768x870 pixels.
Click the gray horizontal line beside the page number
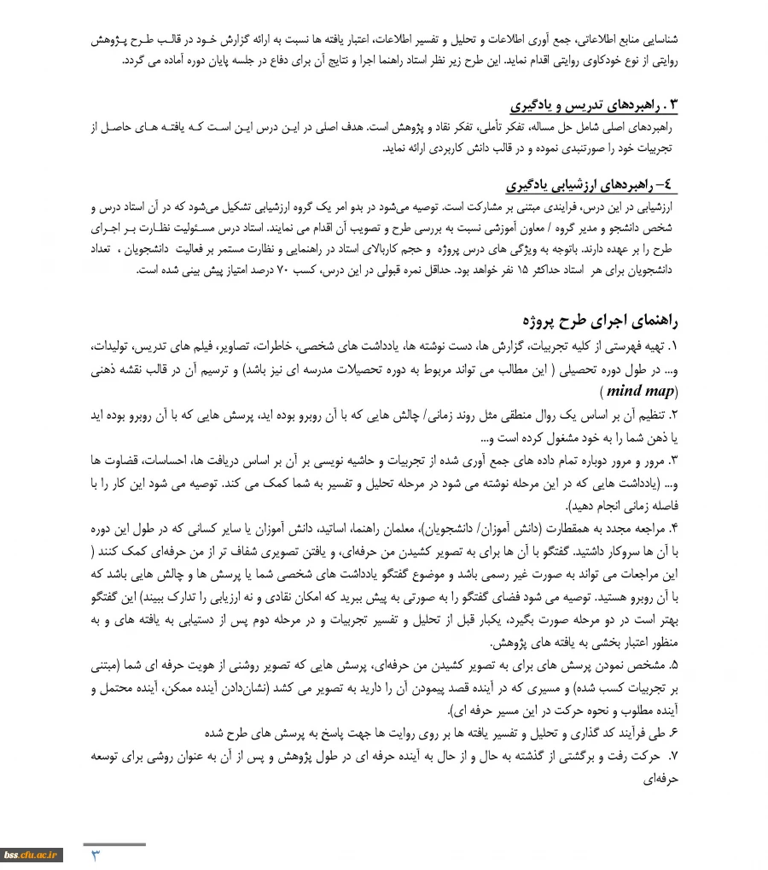coord(114,844)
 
